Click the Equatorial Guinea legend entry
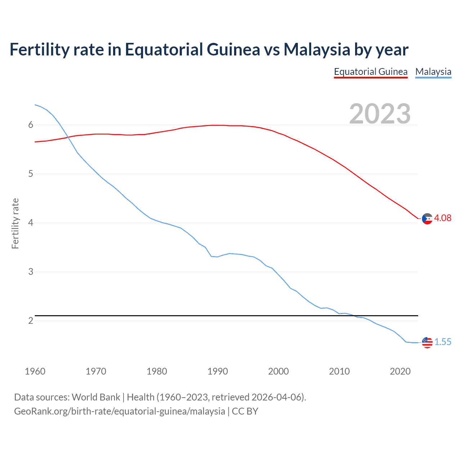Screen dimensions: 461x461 coord(371,72)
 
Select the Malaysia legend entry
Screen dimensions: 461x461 coord(433,72)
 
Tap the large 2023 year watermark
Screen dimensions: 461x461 coord(380,114)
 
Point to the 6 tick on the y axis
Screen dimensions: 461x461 coord(31,125)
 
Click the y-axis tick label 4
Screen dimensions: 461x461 coord(31,223)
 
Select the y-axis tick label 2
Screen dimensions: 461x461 coord(31,321)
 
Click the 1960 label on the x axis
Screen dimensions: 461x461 coord(35,371)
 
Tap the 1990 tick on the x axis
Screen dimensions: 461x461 coord(218,371)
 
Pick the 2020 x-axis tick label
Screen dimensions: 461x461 coord(400,371)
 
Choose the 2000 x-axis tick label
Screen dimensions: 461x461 coord(278,371)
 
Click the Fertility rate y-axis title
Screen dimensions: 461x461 coord(15,223)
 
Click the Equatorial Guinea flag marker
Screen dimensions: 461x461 coord(427,219)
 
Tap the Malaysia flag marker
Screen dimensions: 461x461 coord(427,343)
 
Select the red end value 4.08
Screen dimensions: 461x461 coord(443,218)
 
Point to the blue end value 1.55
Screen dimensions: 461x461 coord(443,342)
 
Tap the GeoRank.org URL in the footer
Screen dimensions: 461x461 coord(119,411)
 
